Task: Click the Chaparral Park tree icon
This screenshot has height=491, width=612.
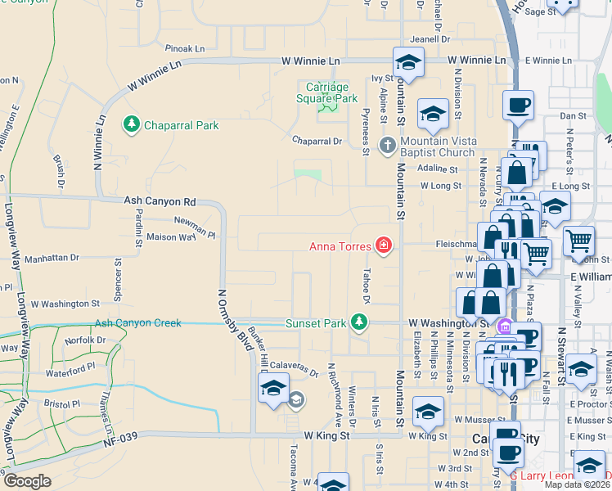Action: pyautogui.click(x=130, y=124)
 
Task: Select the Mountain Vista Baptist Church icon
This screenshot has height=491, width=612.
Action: pyautogui.click(x=388, y=146)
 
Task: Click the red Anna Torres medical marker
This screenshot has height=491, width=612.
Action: pyautogui.click(x=382, y=245)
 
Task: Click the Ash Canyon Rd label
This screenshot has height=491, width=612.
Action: pyautogui.click(x=160, y=200)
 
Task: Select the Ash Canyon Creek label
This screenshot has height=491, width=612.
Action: pyautogui.click(x=137, y=323)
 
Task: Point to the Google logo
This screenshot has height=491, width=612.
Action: pyautogui.click(x=27, y=481)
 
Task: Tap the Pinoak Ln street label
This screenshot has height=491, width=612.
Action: pyautogui.click(x=184, y=48)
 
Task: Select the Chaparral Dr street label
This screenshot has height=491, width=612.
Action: pyautogui.click(x=317, y=141)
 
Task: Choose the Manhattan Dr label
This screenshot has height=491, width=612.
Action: pyautogui.click(x=52, y=257)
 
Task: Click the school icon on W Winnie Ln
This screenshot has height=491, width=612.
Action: pyautogui.click(x=407, y=61)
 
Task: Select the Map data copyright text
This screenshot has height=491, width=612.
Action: pyautogui.click(x=578, y=484)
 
